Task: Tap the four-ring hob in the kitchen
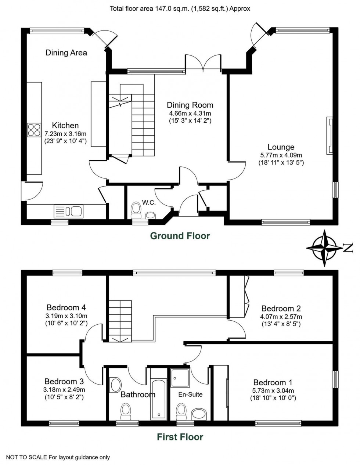34,129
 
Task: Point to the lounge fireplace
329,136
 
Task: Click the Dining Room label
190,105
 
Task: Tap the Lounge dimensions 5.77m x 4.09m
281,155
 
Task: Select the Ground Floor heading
180,236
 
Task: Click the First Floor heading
180,437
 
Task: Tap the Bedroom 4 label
66,307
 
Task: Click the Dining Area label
66,53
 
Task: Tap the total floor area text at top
180,8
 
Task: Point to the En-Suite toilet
181,411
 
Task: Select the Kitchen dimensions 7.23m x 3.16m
65,134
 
